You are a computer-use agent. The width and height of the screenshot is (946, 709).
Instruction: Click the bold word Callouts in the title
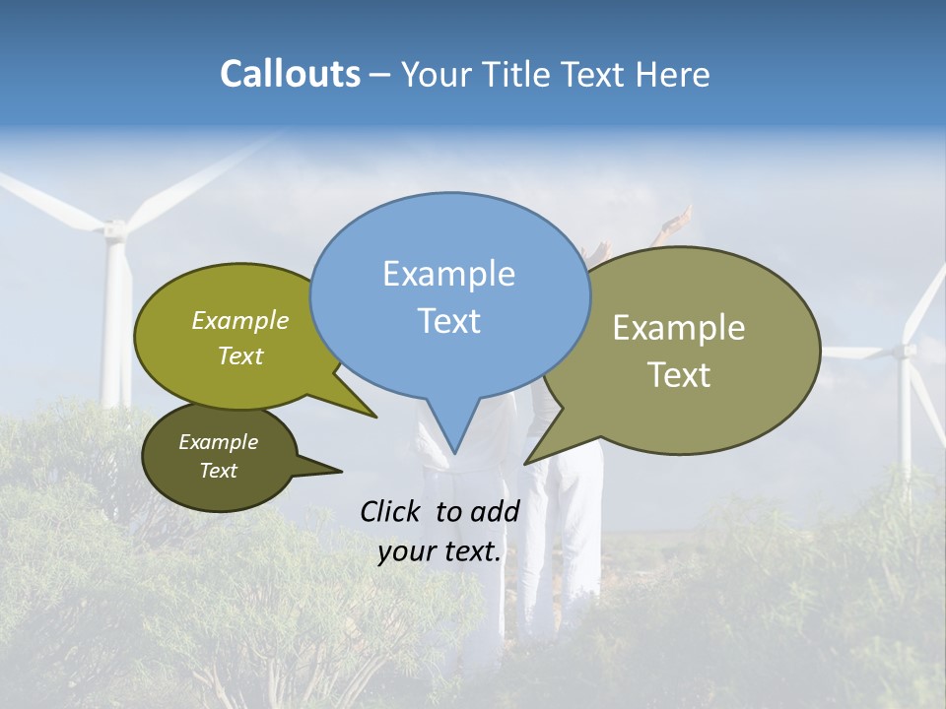point(290,74)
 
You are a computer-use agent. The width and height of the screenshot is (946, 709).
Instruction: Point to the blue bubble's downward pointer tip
point(454,453)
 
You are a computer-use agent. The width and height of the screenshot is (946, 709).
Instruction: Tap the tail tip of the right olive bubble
point(525,463)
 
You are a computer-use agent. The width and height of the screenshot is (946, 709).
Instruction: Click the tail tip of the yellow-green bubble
point(376,418)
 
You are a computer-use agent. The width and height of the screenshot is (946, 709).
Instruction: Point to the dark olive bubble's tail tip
point(342,470)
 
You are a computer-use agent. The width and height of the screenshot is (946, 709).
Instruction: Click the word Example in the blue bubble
point(449,274)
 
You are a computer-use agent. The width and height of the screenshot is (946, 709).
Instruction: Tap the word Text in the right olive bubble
point(678,375)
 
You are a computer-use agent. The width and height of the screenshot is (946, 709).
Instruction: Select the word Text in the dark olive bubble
point(219,471)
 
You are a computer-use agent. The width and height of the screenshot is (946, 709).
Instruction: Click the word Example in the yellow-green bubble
point(240,321)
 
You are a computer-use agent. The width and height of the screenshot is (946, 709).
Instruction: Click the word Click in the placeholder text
point(393,511)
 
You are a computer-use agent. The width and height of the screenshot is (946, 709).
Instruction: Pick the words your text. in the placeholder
point(439,552)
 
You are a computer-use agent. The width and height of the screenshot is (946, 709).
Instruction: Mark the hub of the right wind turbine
point(905,350)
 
